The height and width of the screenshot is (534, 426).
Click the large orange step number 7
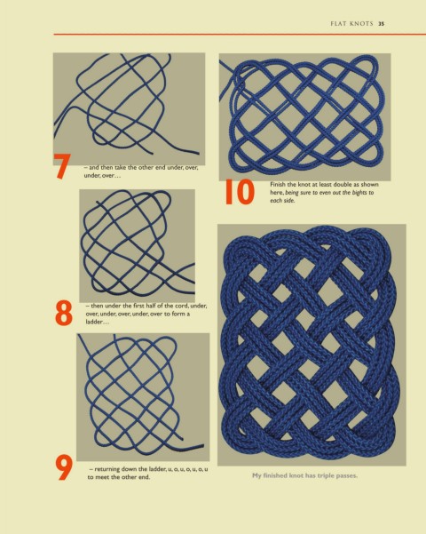[x=62, y=166]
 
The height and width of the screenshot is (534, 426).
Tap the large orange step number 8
[x=64, y=313]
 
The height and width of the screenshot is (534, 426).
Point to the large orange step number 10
[x=240, y=192]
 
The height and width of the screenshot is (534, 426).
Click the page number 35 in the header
[x=382, y=24]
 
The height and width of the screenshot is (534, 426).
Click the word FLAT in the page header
[x=338, y=24]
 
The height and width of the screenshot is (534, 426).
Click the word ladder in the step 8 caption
[x=94, y=322]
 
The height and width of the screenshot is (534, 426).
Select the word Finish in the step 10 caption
[x=279, y=184]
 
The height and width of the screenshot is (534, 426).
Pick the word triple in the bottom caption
[x=326, y=475]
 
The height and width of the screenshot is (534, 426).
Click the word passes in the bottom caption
[x=347, y=475]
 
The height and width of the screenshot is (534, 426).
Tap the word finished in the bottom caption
[x=274, y=475]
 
